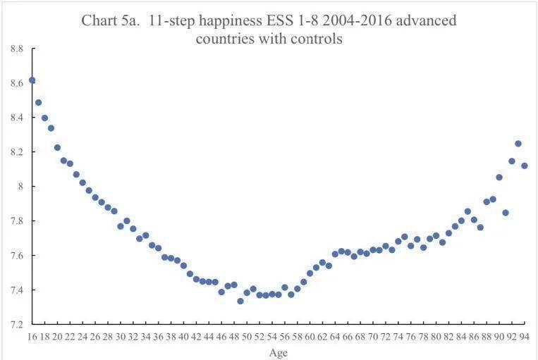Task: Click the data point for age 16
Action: (x=32, y=80)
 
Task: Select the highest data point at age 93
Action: (x=518, y=144)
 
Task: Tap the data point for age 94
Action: (x=525, y=166)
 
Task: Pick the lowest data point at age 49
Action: (x=240, y=301)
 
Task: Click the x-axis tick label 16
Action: (x=32, y=337)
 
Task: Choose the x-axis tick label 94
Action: (x=525, y=337)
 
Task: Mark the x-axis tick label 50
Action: (x=247, y=337)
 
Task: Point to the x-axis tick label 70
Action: (x=373, y=337)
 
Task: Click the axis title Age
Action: (x=279, y=352)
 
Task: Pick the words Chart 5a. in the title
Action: (x=109, y=20)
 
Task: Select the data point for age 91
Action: (x=506, y=212)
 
